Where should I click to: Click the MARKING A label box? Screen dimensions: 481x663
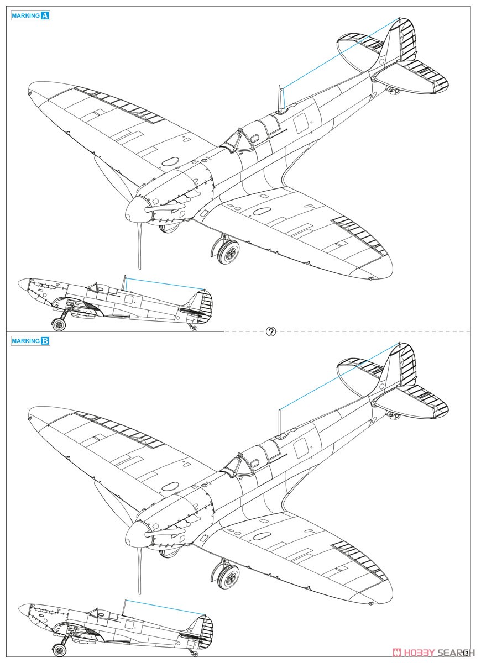point(30,15)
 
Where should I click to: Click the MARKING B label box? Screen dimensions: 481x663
point(30,341)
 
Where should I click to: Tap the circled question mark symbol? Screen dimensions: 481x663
point(271,331)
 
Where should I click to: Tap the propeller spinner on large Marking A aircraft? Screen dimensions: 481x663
point(135,211)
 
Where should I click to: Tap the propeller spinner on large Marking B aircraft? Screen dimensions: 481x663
point(135,536)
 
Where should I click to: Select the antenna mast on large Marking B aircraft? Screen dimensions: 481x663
point(280,423)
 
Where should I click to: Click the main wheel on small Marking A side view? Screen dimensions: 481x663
point(59,325)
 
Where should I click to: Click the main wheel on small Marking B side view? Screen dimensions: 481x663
point(59,650)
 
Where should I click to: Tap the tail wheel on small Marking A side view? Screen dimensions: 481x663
point(194,328)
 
